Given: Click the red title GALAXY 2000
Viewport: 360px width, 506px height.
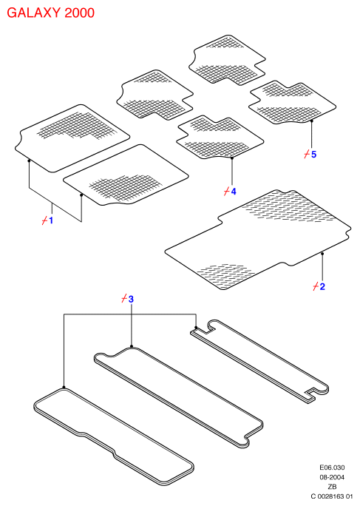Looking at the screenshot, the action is click(x=51, y=13).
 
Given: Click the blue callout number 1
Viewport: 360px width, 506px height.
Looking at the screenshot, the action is click(x=51, y=220).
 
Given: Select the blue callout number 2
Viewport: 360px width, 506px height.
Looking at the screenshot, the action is click(x=322, y=286).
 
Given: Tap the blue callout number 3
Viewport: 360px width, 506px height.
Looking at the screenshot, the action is click(x=131, y=299).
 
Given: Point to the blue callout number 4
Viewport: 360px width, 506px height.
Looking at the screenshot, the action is click(x=234, y=192).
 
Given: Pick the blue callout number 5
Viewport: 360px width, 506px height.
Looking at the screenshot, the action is click(x=314, y=155).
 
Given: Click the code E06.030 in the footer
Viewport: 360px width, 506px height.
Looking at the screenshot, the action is click(x=332, y=468).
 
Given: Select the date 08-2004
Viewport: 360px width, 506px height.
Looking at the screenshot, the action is click(x=332, y=477).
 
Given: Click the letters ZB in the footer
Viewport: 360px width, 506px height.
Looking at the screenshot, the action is click(x=332, y=487).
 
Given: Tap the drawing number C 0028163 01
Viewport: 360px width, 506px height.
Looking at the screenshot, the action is click(x=332, y=496).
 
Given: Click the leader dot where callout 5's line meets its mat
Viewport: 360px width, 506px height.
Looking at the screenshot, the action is click(x=312, y=121).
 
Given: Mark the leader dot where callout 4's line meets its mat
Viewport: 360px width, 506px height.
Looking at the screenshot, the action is click(x=232, y=158).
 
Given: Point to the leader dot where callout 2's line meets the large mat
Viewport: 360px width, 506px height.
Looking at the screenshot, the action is click(x=322, y=254).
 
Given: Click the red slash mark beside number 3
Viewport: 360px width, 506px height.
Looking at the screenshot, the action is click(x=124, y=299).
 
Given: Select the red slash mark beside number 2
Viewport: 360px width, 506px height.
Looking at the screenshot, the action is click(x=316, y=286).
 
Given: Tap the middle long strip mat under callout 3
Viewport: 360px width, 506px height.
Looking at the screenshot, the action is click(x=178, y=397).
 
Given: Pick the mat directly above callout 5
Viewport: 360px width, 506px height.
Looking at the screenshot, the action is click(x=292, y=102).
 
